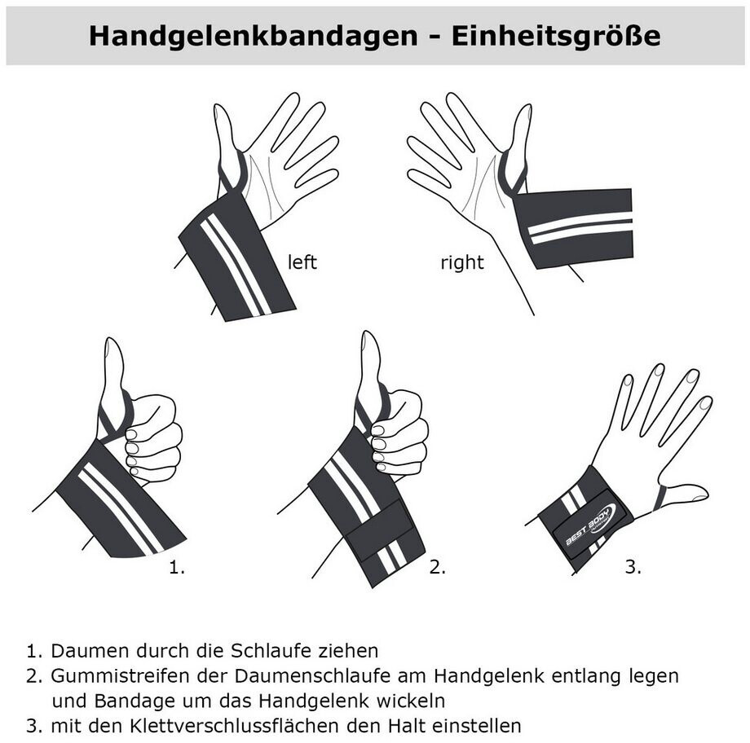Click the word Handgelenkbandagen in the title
click(x=253, y=37)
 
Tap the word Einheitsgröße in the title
click(x=556, y=37)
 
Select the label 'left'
click(x=302, y=262)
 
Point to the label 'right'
click(x=462, y=262)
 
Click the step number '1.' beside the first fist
click(x=177, y=567)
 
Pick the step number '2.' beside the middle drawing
click(x=438, y=567)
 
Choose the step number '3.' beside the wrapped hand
click(x=633, y=567)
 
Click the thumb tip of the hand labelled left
click(x=219, y=109)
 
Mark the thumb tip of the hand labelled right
click(x=526, y=110)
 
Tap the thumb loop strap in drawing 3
click(x=660, y=498)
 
